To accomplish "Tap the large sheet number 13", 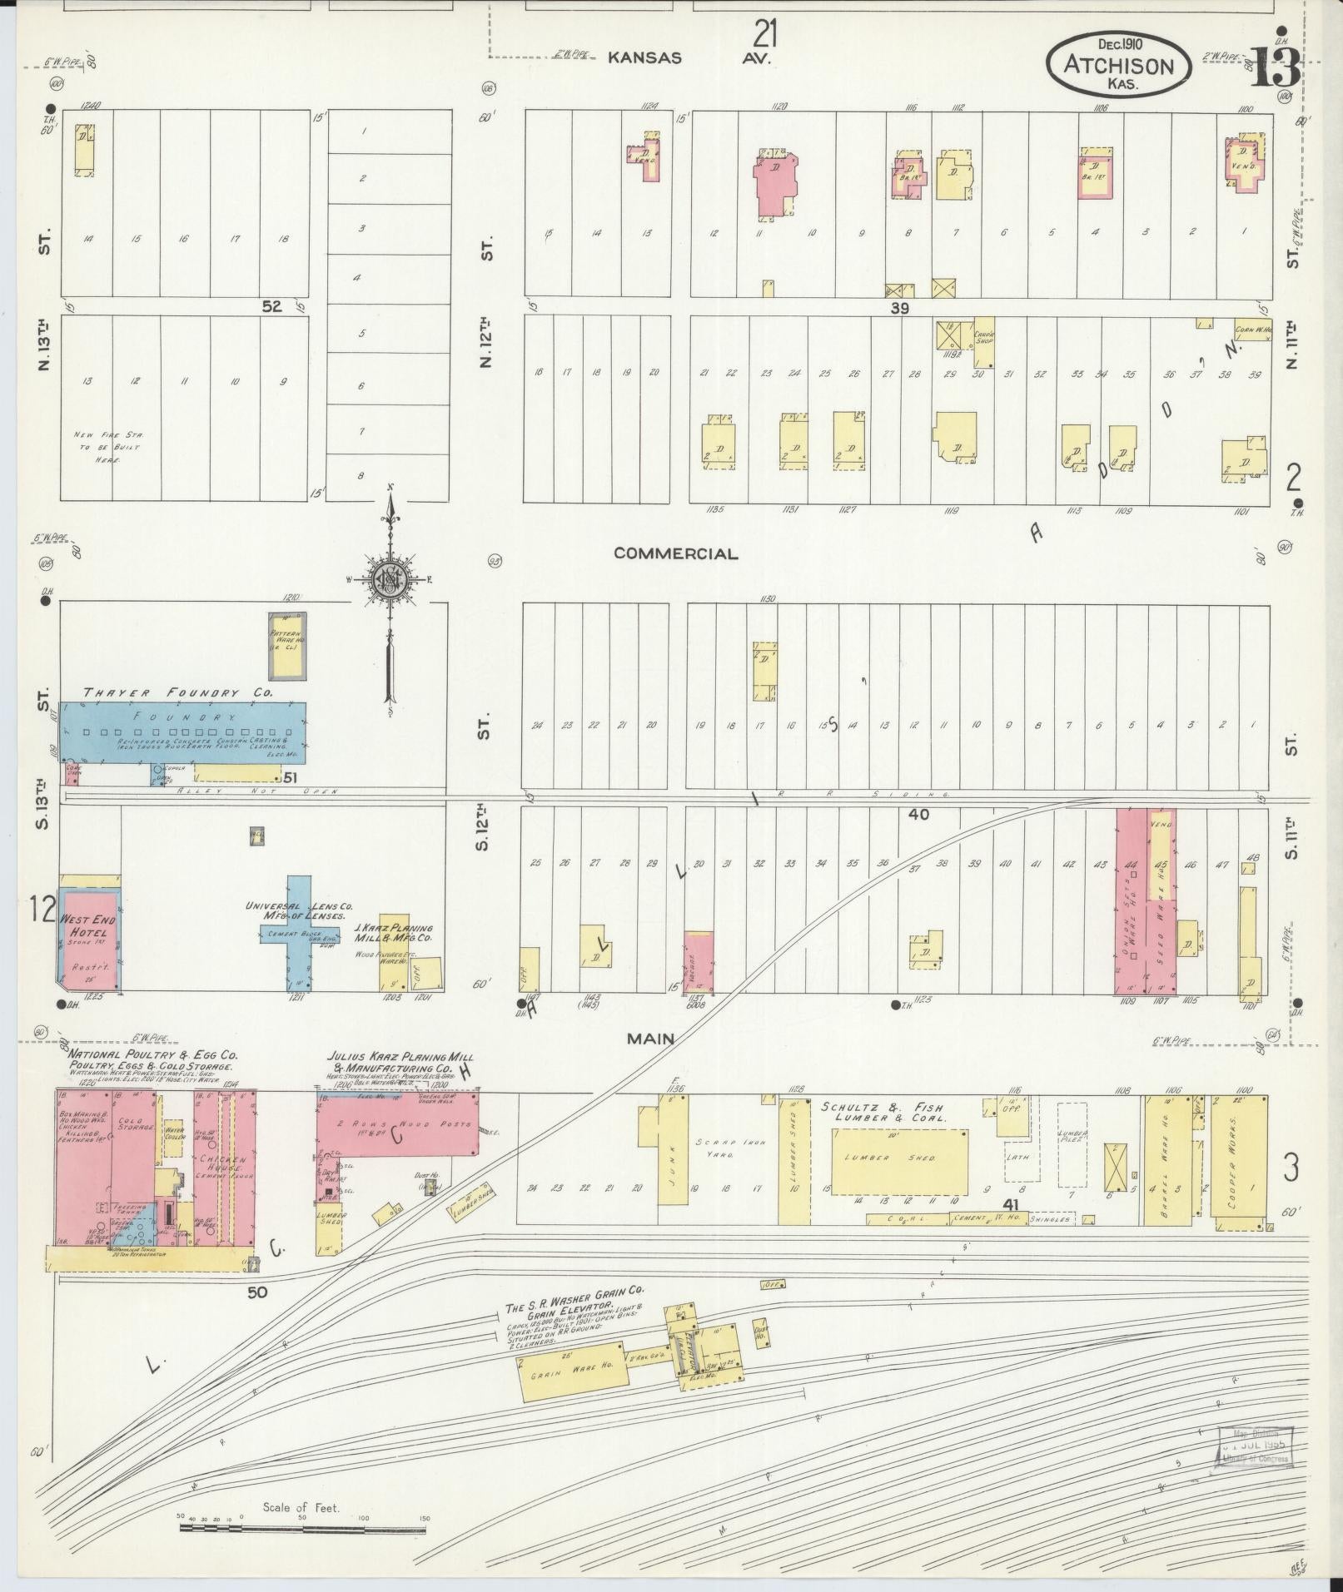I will click(1274, 67).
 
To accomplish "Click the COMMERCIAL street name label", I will click(675, 553).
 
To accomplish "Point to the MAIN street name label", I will click(651, 1038).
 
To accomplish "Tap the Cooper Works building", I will click(1240, 1162).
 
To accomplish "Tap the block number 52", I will click(271, 306).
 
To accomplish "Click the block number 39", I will click(899, 308).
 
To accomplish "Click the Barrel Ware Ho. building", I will click(1173, 1161).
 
